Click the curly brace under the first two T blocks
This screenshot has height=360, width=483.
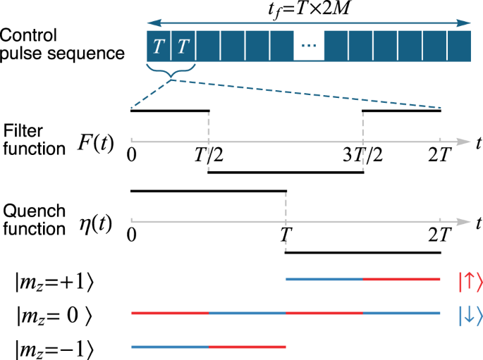tap(170, 70)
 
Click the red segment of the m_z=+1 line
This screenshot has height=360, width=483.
tap(402, 280)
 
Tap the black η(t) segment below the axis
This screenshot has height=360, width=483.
tap(362, 252)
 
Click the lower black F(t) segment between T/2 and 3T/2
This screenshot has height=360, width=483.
tap(286, 172)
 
